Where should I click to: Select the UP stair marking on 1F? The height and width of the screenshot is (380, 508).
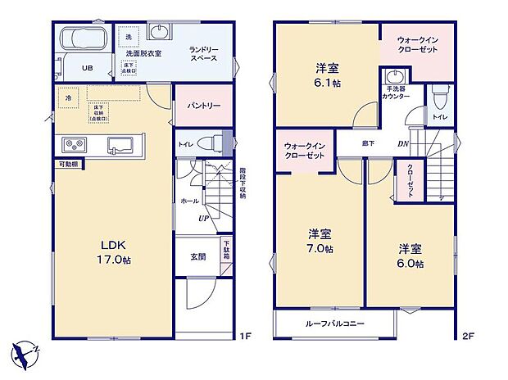click(x=201, y=219)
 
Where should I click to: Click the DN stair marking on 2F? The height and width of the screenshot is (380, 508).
click(x=403, y=145)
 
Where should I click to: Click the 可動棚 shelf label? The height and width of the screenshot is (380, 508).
click(x=68, y=165)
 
